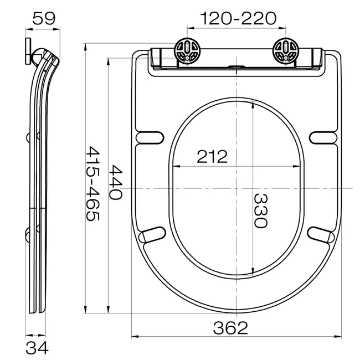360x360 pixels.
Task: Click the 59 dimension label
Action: [44, 18]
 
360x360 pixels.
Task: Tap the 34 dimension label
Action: [37, 348]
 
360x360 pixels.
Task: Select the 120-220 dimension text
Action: [238, 18]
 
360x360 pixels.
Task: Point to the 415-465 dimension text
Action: [92, 184]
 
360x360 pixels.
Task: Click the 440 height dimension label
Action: [116, 182]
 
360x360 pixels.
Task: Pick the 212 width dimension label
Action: [212, 157]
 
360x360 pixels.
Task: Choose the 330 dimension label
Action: [261, 211]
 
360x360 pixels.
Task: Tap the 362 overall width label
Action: [230, 328]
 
